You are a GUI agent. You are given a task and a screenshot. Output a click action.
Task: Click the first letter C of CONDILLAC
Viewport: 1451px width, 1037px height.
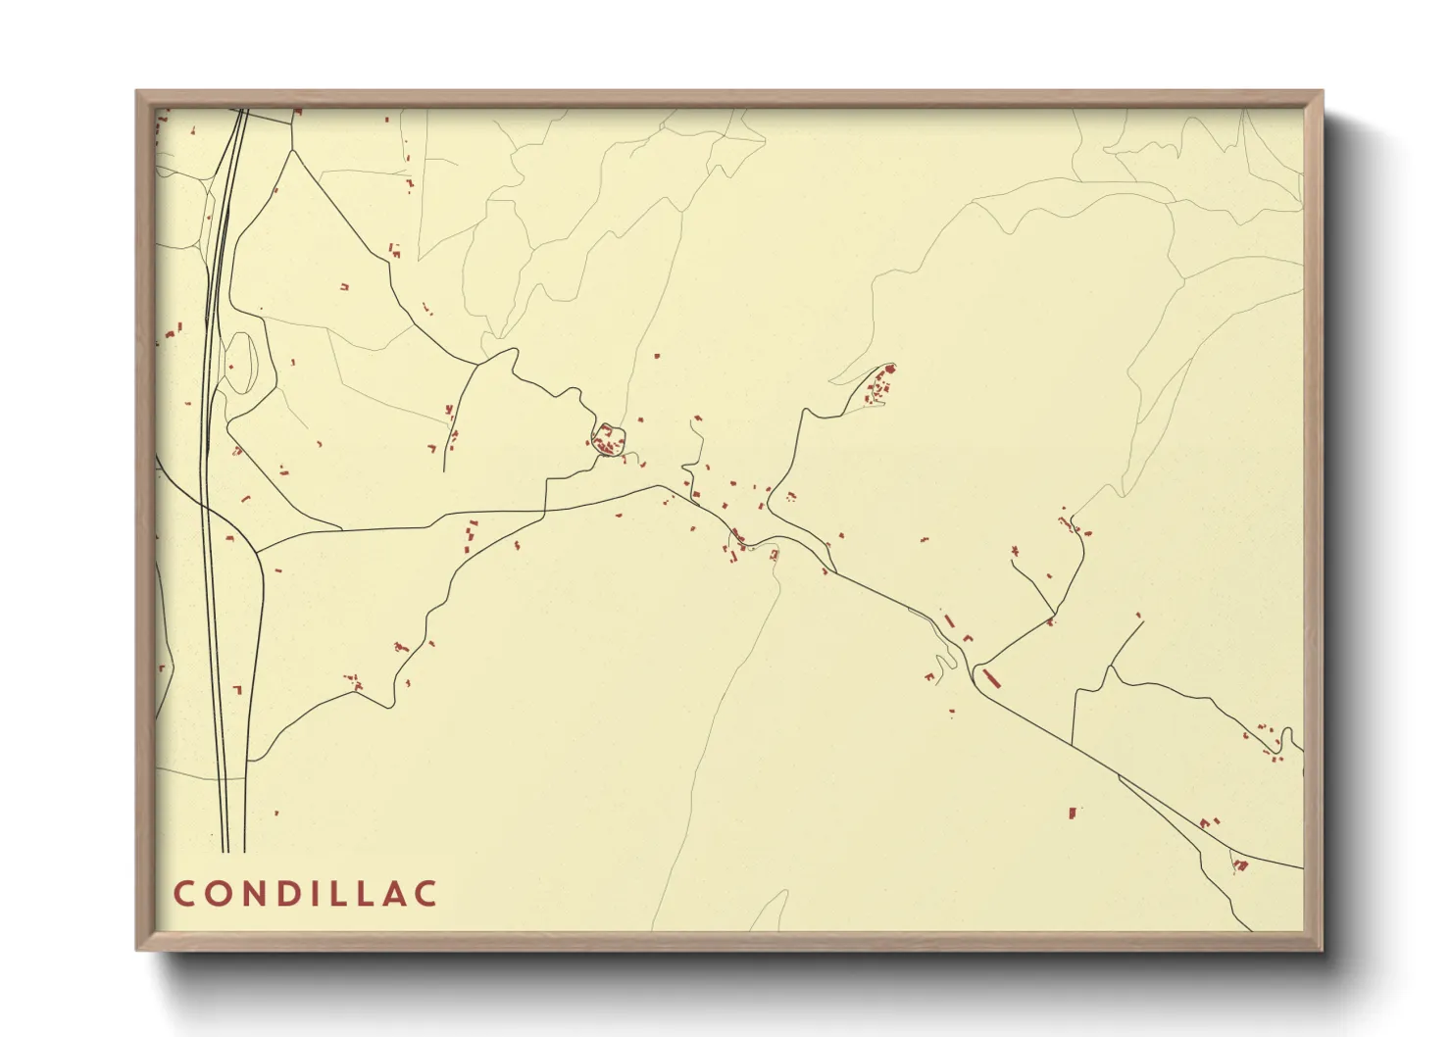pos(184,894)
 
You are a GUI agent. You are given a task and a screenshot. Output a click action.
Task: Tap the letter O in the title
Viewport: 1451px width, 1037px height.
pos(217,894)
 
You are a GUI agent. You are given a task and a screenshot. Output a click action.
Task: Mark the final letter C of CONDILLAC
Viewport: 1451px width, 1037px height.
pos(425,894)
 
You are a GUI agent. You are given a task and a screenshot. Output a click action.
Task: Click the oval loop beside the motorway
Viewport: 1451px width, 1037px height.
pos(240,363)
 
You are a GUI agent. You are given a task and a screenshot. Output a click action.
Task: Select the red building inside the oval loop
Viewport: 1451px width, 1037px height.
pos(231,368)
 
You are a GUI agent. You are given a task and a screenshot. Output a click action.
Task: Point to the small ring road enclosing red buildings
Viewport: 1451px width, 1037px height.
pos(608,441)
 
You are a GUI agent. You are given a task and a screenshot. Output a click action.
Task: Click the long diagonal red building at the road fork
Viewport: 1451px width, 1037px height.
pos(990,677)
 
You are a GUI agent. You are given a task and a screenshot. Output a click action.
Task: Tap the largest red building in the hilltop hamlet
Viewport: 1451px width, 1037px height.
pos(890,370)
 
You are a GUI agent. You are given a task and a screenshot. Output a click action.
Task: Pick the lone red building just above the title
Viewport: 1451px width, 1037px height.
pos(276,813)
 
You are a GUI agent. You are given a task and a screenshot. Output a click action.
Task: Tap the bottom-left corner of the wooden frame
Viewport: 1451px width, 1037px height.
pos(138,949)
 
